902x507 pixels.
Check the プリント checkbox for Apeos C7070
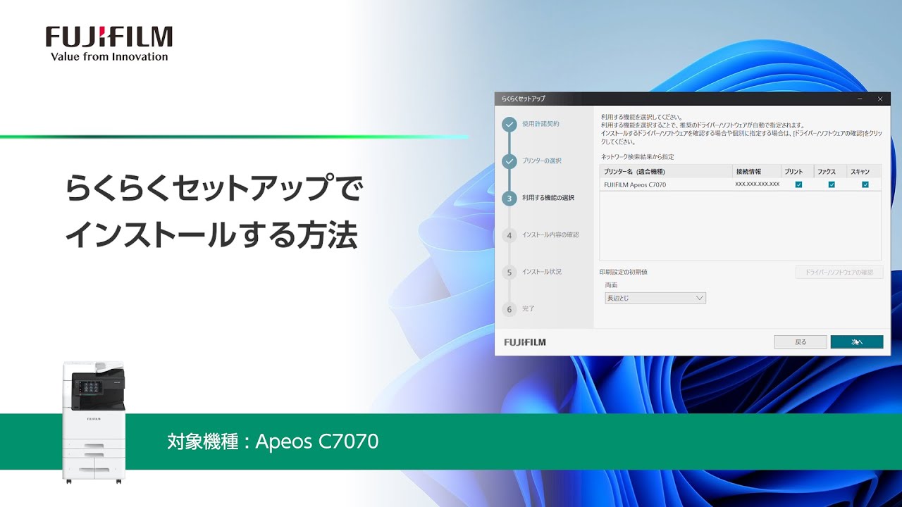(798, 184)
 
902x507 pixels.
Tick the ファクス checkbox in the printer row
(832, 184)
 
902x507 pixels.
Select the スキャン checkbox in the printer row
(865, 184)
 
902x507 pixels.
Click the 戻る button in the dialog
(800, 342)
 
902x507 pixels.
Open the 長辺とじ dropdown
(655, 298)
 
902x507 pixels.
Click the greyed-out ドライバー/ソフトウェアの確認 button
(839, 273)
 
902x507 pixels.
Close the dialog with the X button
(879, 99)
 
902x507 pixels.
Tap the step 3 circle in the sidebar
(509, 199)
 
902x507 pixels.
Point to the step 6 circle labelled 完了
(509, 309)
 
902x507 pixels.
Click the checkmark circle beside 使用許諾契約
(509, 125)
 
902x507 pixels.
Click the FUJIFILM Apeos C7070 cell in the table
(635, 184)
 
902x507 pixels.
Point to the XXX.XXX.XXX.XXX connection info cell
(757, 184)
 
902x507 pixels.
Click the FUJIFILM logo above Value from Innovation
(109, 37)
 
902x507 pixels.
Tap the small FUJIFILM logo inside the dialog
(525, 342)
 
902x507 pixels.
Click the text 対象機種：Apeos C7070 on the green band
(273, 442)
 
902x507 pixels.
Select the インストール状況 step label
(542, 272)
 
